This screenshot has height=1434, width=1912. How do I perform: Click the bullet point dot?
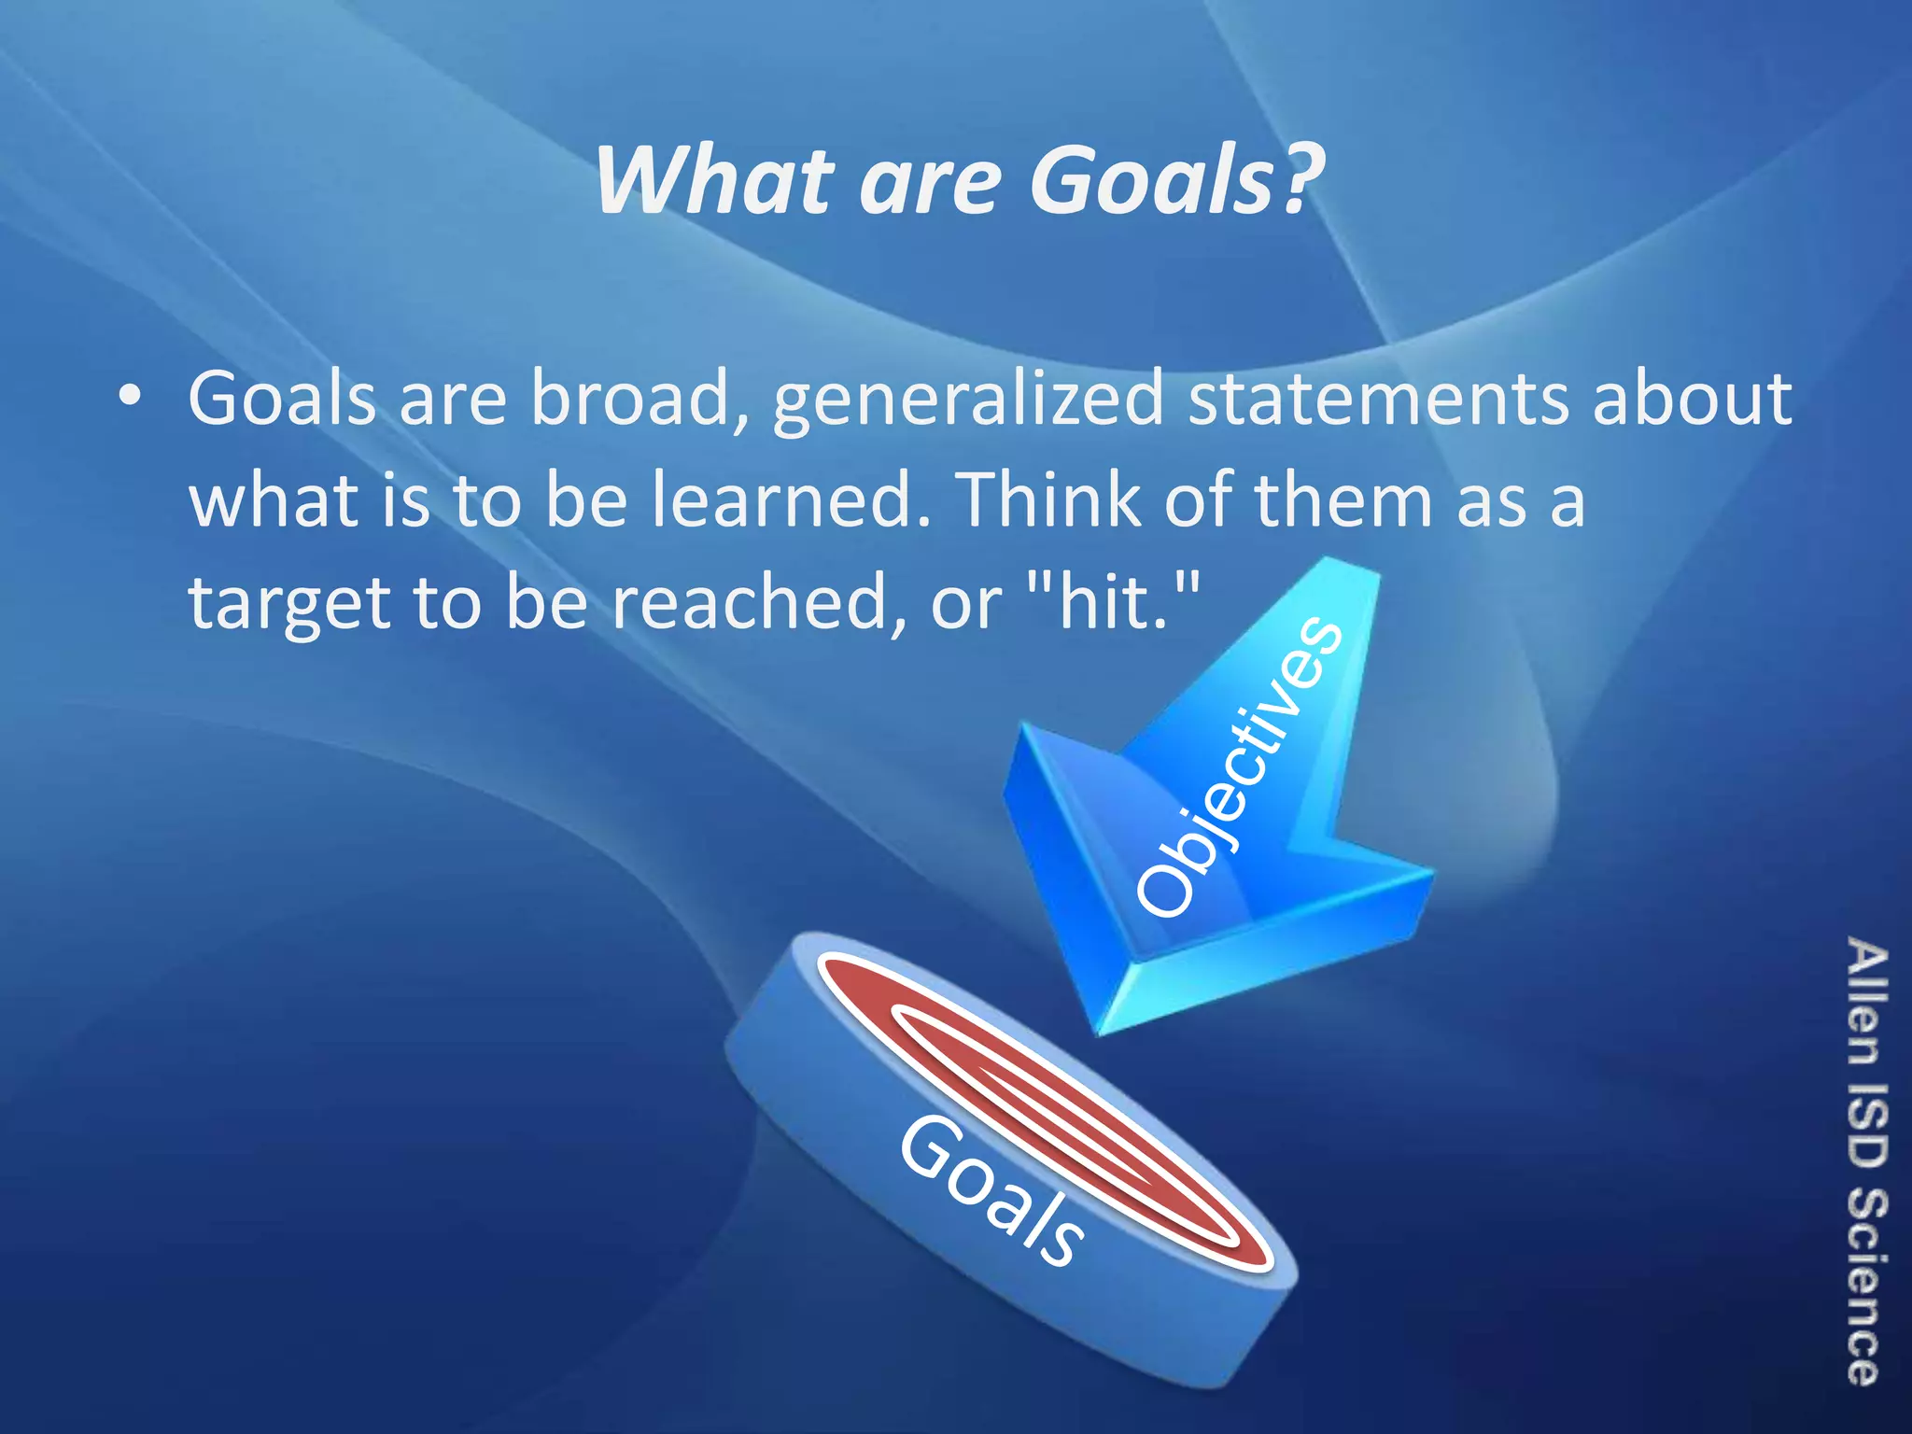pos(130,398)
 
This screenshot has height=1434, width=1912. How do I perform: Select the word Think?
pos(1049,499)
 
